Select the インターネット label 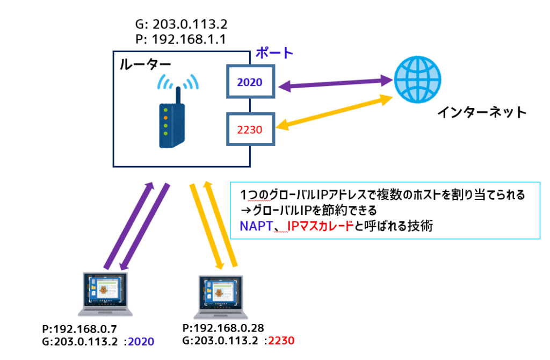(481, 112)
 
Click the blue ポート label (274, 53)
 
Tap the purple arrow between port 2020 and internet (333, 83)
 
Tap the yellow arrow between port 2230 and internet (333, 114)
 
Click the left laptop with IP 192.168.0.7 (106, 295)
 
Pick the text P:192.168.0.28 (223, 328)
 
